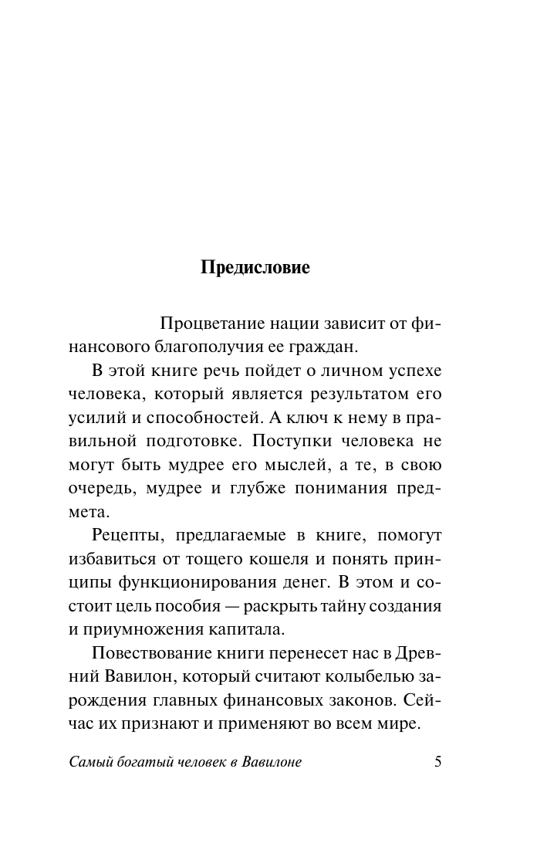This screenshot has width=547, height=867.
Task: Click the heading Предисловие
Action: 255,268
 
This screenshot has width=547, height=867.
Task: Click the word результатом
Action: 358,395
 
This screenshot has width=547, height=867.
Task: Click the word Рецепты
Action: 126,536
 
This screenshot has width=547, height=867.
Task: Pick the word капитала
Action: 244,631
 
